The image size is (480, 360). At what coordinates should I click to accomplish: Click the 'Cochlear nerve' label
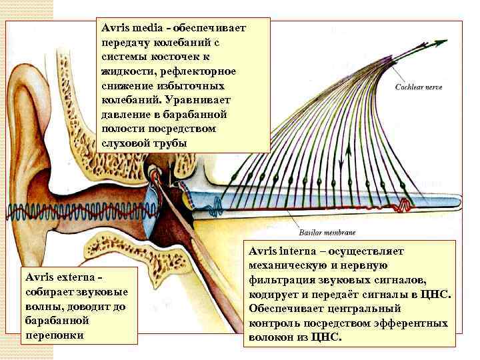point(419,87)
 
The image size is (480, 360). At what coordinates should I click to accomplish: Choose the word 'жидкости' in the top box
point(123,71)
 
